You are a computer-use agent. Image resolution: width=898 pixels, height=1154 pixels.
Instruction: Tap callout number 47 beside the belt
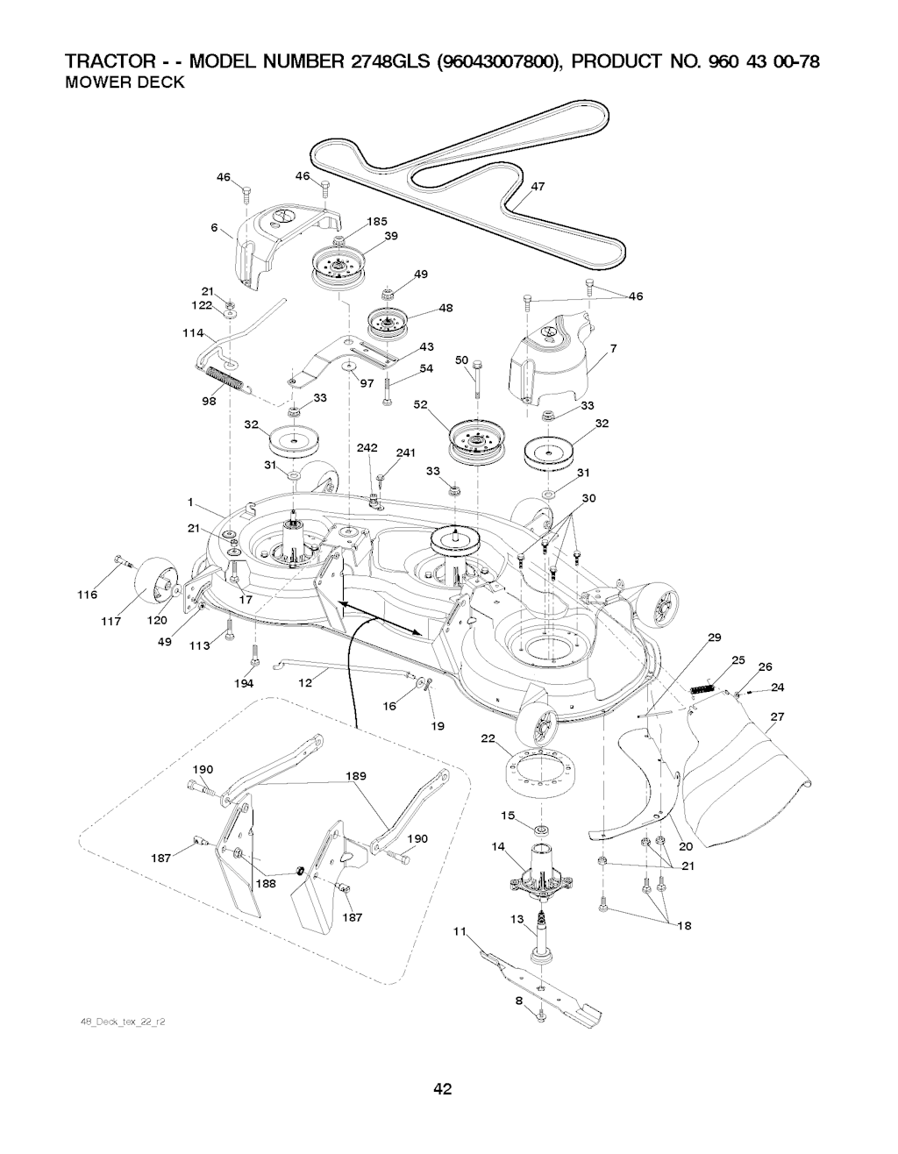tap(538, 186)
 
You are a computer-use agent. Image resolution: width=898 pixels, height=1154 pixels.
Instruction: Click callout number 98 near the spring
tap(209, 401)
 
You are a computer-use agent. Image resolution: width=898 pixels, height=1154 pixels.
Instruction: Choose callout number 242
tap(367, 448)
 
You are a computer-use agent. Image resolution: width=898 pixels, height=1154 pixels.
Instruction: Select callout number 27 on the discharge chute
tap(775, 716)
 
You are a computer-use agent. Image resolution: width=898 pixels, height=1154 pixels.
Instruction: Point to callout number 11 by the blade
tap(458, 931)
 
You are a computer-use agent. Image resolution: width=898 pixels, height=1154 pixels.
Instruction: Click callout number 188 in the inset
tap(266, 884)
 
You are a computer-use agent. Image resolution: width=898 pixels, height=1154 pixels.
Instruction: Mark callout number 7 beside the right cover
tap(614, 349)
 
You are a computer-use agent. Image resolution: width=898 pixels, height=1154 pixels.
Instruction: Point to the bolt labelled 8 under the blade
tap(540, 1015)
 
